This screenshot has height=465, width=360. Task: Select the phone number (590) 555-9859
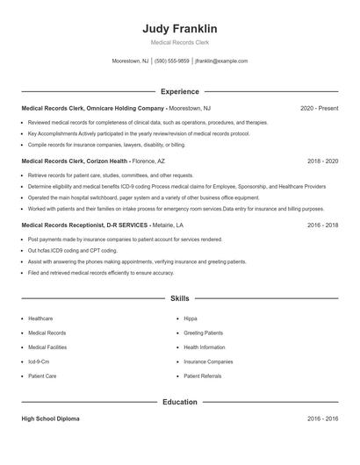pos(171,61)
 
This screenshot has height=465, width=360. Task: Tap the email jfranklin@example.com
pos(221,61)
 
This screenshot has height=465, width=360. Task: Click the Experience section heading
pos(179,91)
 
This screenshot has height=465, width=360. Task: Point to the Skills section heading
pos(179,298)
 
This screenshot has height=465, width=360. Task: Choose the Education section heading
pos(179,402)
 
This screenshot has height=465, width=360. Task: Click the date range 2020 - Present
pos(319,109)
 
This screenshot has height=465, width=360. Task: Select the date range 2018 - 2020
pos(322,162)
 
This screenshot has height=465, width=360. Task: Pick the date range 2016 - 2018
pos(322,225)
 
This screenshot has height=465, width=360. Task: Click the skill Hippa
pos(191,318)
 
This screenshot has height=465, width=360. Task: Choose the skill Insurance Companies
pos(208,361)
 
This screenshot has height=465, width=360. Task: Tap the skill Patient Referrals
pos(203,376)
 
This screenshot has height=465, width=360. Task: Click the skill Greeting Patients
pos(203,333)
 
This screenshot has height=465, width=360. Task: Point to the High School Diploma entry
pos(50,419)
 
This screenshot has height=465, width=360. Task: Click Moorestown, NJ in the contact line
pos(131,61)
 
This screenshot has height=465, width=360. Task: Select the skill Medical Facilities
pos(47,347)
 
